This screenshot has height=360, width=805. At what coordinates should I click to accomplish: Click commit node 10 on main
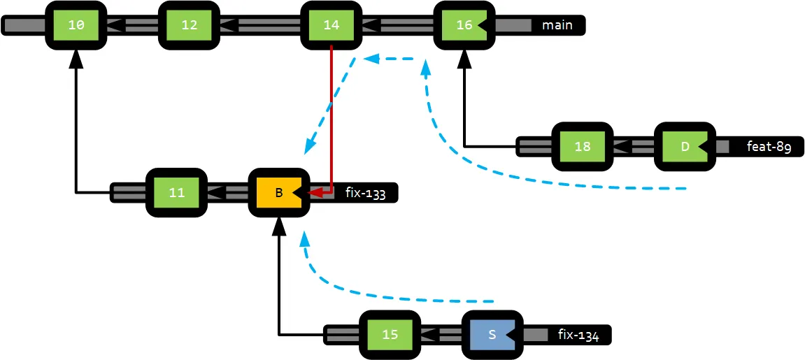click(76, 25)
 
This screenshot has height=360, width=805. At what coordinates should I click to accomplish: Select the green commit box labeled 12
click(189, 25)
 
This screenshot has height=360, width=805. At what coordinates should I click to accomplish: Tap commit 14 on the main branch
click(332, 25)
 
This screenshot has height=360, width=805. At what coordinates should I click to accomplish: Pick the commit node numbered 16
click(464, 25)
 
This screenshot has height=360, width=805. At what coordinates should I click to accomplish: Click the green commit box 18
click(582, 147)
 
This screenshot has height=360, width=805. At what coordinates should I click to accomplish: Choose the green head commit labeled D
click(685, 147)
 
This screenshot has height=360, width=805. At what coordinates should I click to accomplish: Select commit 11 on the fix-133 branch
click(177, 192)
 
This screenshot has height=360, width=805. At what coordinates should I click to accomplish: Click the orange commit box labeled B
click(278, 192)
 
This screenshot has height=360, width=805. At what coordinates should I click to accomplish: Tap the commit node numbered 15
click(390, 335)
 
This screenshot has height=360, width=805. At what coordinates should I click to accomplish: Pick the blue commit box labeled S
click(492, 335)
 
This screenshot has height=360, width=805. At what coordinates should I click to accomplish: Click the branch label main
click(557, 26)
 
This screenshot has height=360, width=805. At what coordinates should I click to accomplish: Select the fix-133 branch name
click(371, 193)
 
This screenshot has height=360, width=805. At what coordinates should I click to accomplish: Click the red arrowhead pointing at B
click(315, 192)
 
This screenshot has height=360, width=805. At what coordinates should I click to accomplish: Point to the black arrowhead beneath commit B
click(278, 226)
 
